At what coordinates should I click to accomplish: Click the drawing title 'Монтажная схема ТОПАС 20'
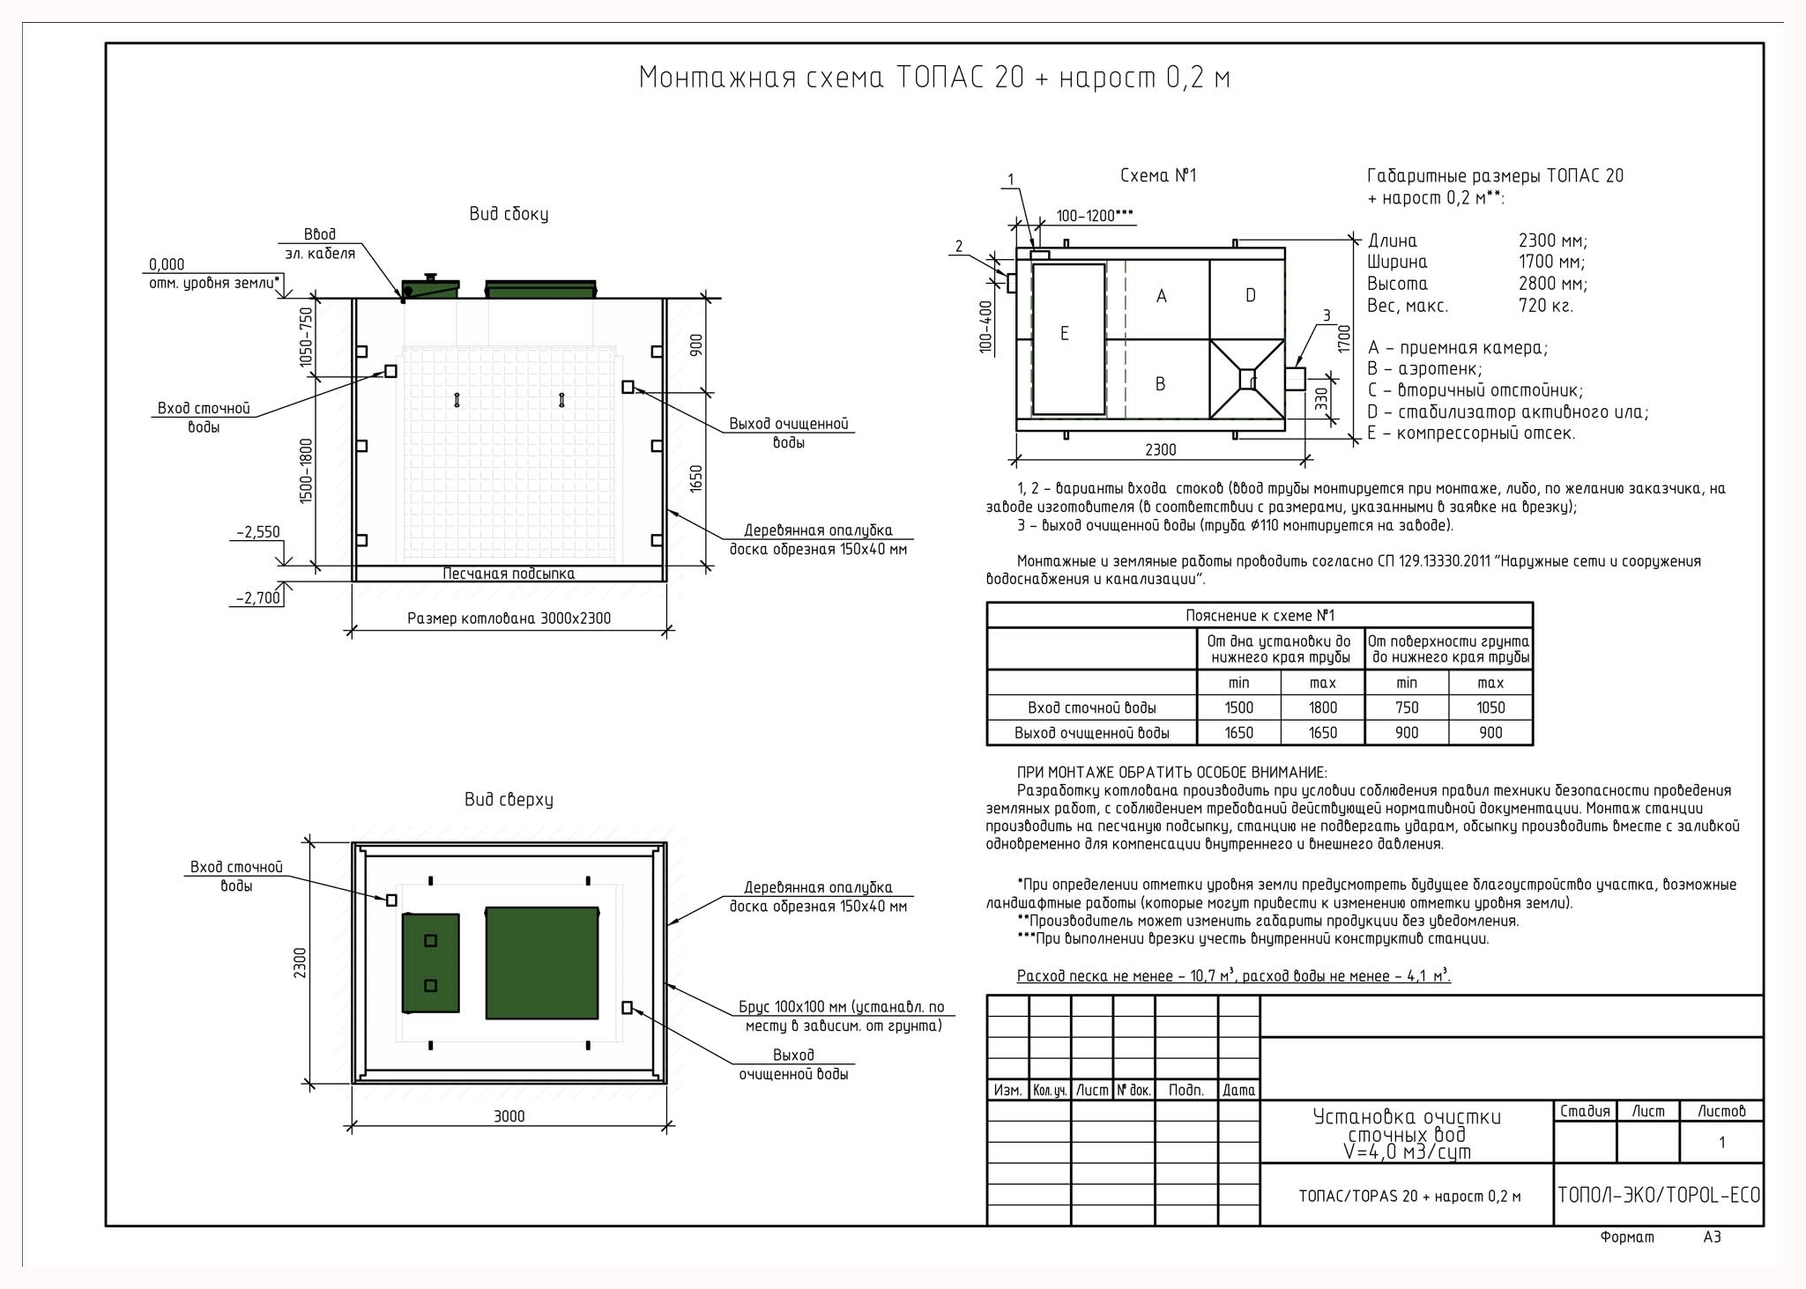point(831,78)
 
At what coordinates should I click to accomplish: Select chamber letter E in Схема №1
point(1064,334)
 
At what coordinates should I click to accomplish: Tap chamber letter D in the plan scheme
point(1250,295)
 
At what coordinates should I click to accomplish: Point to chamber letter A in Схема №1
point(1161,296)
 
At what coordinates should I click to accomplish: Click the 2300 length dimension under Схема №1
point(1161,449)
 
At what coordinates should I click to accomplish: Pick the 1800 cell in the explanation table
point(1322,707)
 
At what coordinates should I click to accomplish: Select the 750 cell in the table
point(1407,707)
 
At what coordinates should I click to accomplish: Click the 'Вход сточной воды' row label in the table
point(1091,707)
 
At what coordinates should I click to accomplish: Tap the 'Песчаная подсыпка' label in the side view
point(509,574)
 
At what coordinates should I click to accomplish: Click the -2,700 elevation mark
point(258,598)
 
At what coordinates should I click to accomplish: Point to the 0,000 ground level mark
point(167,264)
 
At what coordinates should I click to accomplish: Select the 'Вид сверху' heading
point(509,800)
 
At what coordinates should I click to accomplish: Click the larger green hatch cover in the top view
point(542,963)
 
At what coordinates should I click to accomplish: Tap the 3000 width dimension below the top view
point(509,1116)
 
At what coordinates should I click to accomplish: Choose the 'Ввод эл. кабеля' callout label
point(320,244)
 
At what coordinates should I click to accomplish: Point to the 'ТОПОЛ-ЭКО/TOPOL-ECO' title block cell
point(1658,1195)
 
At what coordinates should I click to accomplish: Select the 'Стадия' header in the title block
point(1585,1111)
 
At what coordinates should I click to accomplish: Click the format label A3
point(1712,1237)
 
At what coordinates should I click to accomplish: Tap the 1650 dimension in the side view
point(696,479)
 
